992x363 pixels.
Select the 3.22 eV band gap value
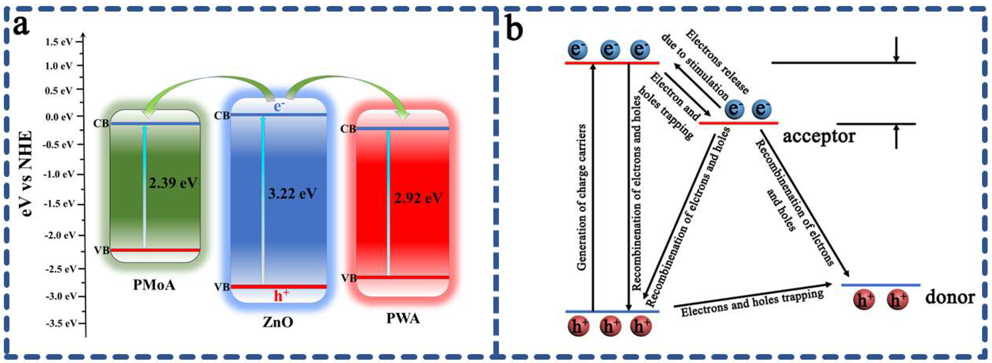pyautogui.click(x=292, y=193)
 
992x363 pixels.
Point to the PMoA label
pyautogui.click(x=154, y=285)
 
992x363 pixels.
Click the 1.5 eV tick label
pyautogui.click(x=59, y=41)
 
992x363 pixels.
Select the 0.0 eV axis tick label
pyautogui.click(x=59, y=116)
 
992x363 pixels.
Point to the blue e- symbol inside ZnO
pyautogui.click(x=279, y=106)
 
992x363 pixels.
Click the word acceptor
pyautogui.click(x=819, y=136)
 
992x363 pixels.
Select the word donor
pyautogui.click(x=950, y=297)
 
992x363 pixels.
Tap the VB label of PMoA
pyautogui.click(x=102, y=250)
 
